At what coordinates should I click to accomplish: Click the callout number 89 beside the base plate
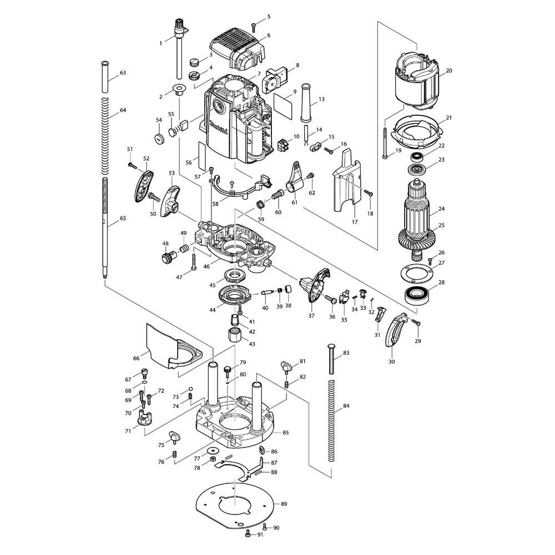point(284,504)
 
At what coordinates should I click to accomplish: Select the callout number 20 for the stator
point(449,70)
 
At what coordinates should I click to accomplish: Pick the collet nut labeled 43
point(234,336)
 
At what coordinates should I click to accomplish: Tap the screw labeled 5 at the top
point(254,26)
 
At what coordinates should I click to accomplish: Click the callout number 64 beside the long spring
point(123,110)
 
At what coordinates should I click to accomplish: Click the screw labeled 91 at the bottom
point(248,534)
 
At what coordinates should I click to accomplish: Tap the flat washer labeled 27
point(416,274)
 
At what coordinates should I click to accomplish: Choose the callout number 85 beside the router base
point(286,432)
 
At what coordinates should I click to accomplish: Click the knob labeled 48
point(167,257)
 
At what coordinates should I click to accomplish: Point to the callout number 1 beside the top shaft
point(161,43)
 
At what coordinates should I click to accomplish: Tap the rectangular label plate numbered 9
point(283,104)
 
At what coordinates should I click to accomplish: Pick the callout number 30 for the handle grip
point(391,361)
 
